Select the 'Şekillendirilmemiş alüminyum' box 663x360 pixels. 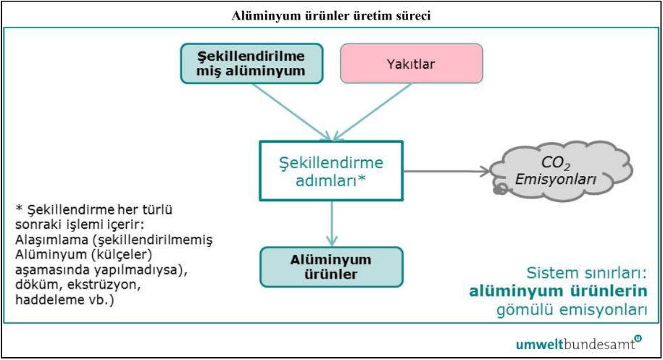click(251, 62)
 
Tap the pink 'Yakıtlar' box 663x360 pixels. click(411, 62)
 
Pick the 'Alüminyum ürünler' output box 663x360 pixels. click(331, 266)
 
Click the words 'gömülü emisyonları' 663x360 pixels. click(572, 311)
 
